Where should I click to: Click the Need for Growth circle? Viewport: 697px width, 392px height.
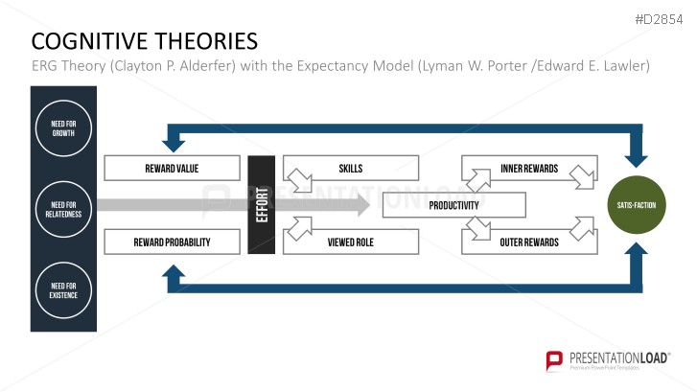tap(63, 128)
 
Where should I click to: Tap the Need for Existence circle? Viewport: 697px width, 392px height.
tap(63, 288)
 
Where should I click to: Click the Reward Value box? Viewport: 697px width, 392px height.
tap(172, 169)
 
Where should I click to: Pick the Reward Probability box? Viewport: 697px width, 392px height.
tap(172, 242)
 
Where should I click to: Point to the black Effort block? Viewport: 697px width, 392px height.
tap(262, 205)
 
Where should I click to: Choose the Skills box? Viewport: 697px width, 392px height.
tap(351, 169)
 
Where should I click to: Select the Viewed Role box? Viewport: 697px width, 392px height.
tap(351, 242)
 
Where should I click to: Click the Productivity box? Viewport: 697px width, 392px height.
tap(453, 205)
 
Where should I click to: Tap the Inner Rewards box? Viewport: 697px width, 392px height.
tap(528, 169)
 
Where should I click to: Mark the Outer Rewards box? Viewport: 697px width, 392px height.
tap(528, 242)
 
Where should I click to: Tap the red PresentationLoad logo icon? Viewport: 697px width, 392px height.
tap(554, 360)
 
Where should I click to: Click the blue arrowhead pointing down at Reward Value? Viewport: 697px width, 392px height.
tap(174, 143)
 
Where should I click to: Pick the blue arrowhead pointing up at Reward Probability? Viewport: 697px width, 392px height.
tap(174, 275)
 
